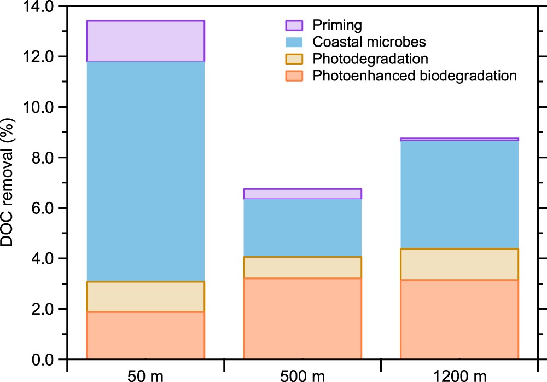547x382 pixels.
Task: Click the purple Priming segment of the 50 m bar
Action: click(146, 41)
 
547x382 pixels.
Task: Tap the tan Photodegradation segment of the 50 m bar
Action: click(146, 297)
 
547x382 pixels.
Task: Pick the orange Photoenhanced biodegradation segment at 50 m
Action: click(146, 335)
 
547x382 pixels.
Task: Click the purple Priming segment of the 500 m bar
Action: click(302, 194)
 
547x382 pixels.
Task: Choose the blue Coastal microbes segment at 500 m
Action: click(302, 228)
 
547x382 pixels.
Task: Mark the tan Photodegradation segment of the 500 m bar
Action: click(302, 268)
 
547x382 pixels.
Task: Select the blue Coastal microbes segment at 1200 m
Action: click(459, 195)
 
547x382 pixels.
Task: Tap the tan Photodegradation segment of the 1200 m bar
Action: click(459, 264)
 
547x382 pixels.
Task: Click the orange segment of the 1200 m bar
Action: click(459, 319)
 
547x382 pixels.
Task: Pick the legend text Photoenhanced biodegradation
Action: click(414, 76)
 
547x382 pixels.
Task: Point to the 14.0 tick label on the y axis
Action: click(38, 7)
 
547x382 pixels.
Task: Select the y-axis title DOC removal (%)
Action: click(8, 183)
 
